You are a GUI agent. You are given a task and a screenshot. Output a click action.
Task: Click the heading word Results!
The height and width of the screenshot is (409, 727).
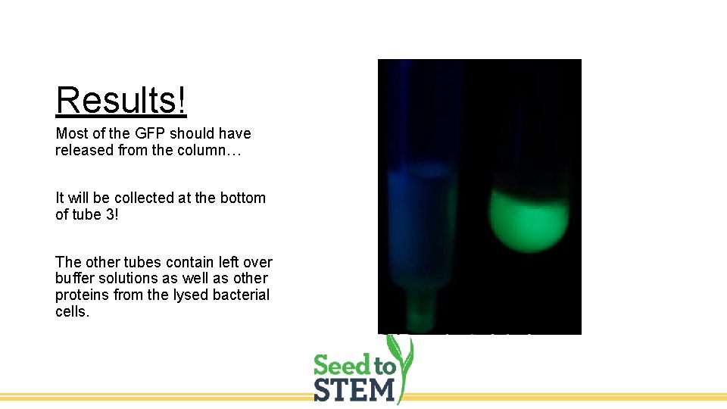[x=121, y=100]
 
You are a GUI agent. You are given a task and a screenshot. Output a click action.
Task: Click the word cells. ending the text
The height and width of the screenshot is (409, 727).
[x=72, y=311]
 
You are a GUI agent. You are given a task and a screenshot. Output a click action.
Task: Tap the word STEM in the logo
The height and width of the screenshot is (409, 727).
[x=354, y=390]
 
